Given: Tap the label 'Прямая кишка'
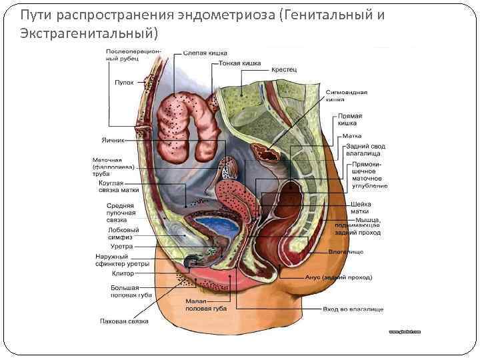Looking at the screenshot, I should pos(349,119).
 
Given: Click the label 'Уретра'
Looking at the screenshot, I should pos(122,247).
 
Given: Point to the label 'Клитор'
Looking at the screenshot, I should pos(123,273).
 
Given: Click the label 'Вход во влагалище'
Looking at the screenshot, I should pos(353,310).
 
